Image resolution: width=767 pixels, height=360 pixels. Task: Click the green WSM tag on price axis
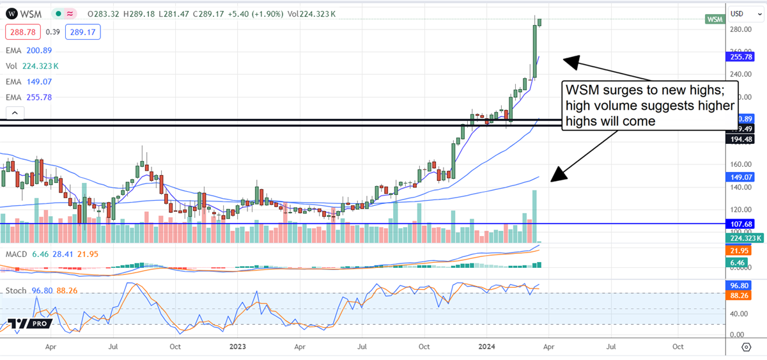[715, 19]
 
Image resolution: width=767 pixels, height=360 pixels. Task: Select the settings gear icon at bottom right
[746, 347]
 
